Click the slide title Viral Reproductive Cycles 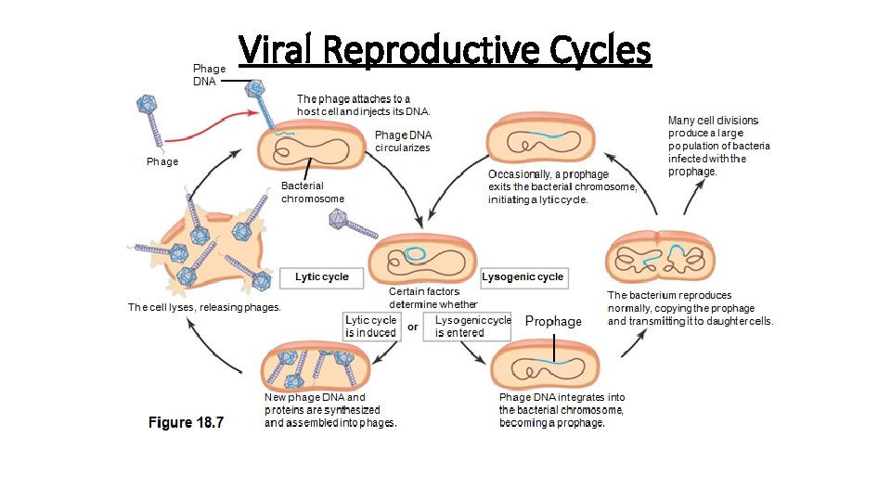[445, 50]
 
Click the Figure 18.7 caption [187, 423]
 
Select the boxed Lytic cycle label [322, 276]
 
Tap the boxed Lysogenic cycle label [523, 276]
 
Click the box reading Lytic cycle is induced [371, 327]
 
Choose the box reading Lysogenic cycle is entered [469, 327]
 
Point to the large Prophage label [553, 321]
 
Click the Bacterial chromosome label [313, 192]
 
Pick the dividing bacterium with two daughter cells [660, 254]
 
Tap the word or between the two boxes [413, 327]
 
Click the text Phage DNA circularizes [402, 141]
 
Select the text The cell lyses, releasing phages [204, 307]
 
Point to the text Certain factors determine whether [433, 298]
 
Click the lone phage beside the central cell [349, 223]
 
